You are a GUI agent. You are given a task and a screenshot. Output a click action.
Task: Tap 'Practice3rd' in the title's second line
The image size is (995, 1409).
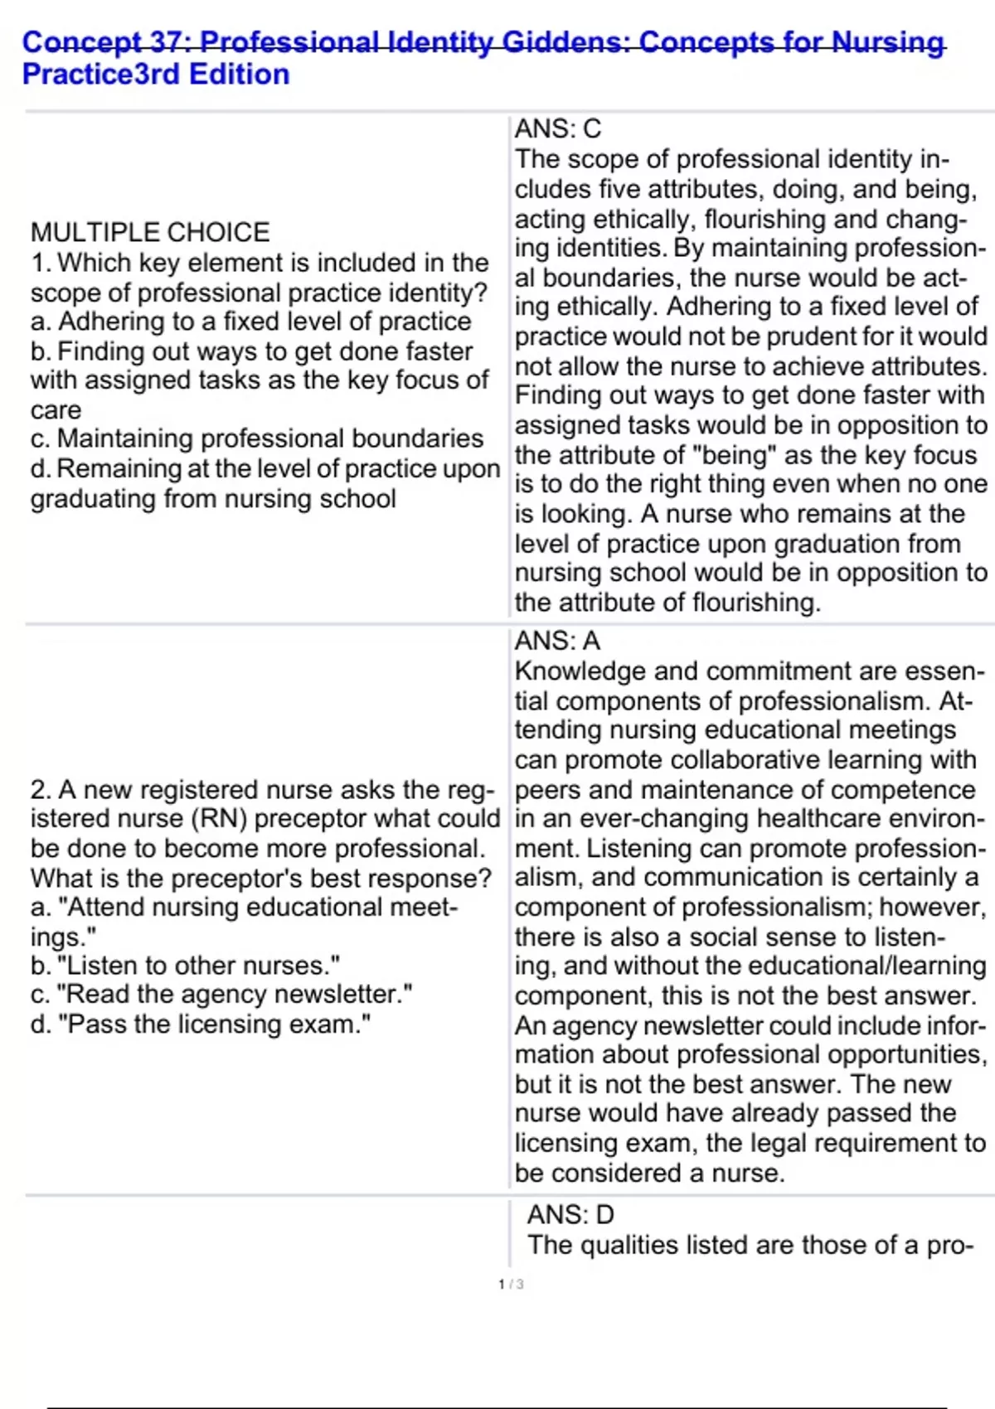point(100,75)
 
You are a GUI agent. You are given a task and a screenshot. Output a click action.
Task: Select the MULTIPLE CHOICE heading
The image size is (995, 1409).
point(150,232)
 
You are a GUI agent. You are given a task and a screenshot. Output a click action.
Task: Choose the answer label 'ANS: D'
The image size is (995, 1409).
point(570,1215)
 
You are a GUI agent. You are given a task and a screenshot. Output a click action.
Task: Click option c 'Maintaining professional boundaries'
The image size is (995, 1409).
point(257,438)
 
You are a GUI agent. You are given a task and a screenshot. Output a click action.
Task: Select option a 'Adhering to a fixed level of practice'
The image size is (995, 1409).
point(250,322)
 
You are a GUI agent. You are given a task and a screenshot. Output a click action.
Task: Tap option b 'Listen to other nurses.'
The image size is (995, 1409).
point(186,966)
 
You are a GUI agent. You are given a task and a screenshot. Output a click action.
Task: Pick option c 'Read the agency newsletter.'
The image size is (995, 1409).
point(221,995)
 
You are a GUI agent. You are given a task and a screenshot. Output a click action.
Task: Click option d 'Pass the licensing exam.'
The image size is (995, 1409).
point(201,1024)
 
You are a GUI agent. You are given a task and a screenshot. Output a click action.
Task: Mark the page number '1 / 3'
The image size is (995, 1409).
point(511,1285)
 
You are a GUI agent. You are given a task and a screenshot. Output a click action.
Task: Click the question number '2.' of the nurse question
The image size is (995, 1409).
point(41,790)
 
